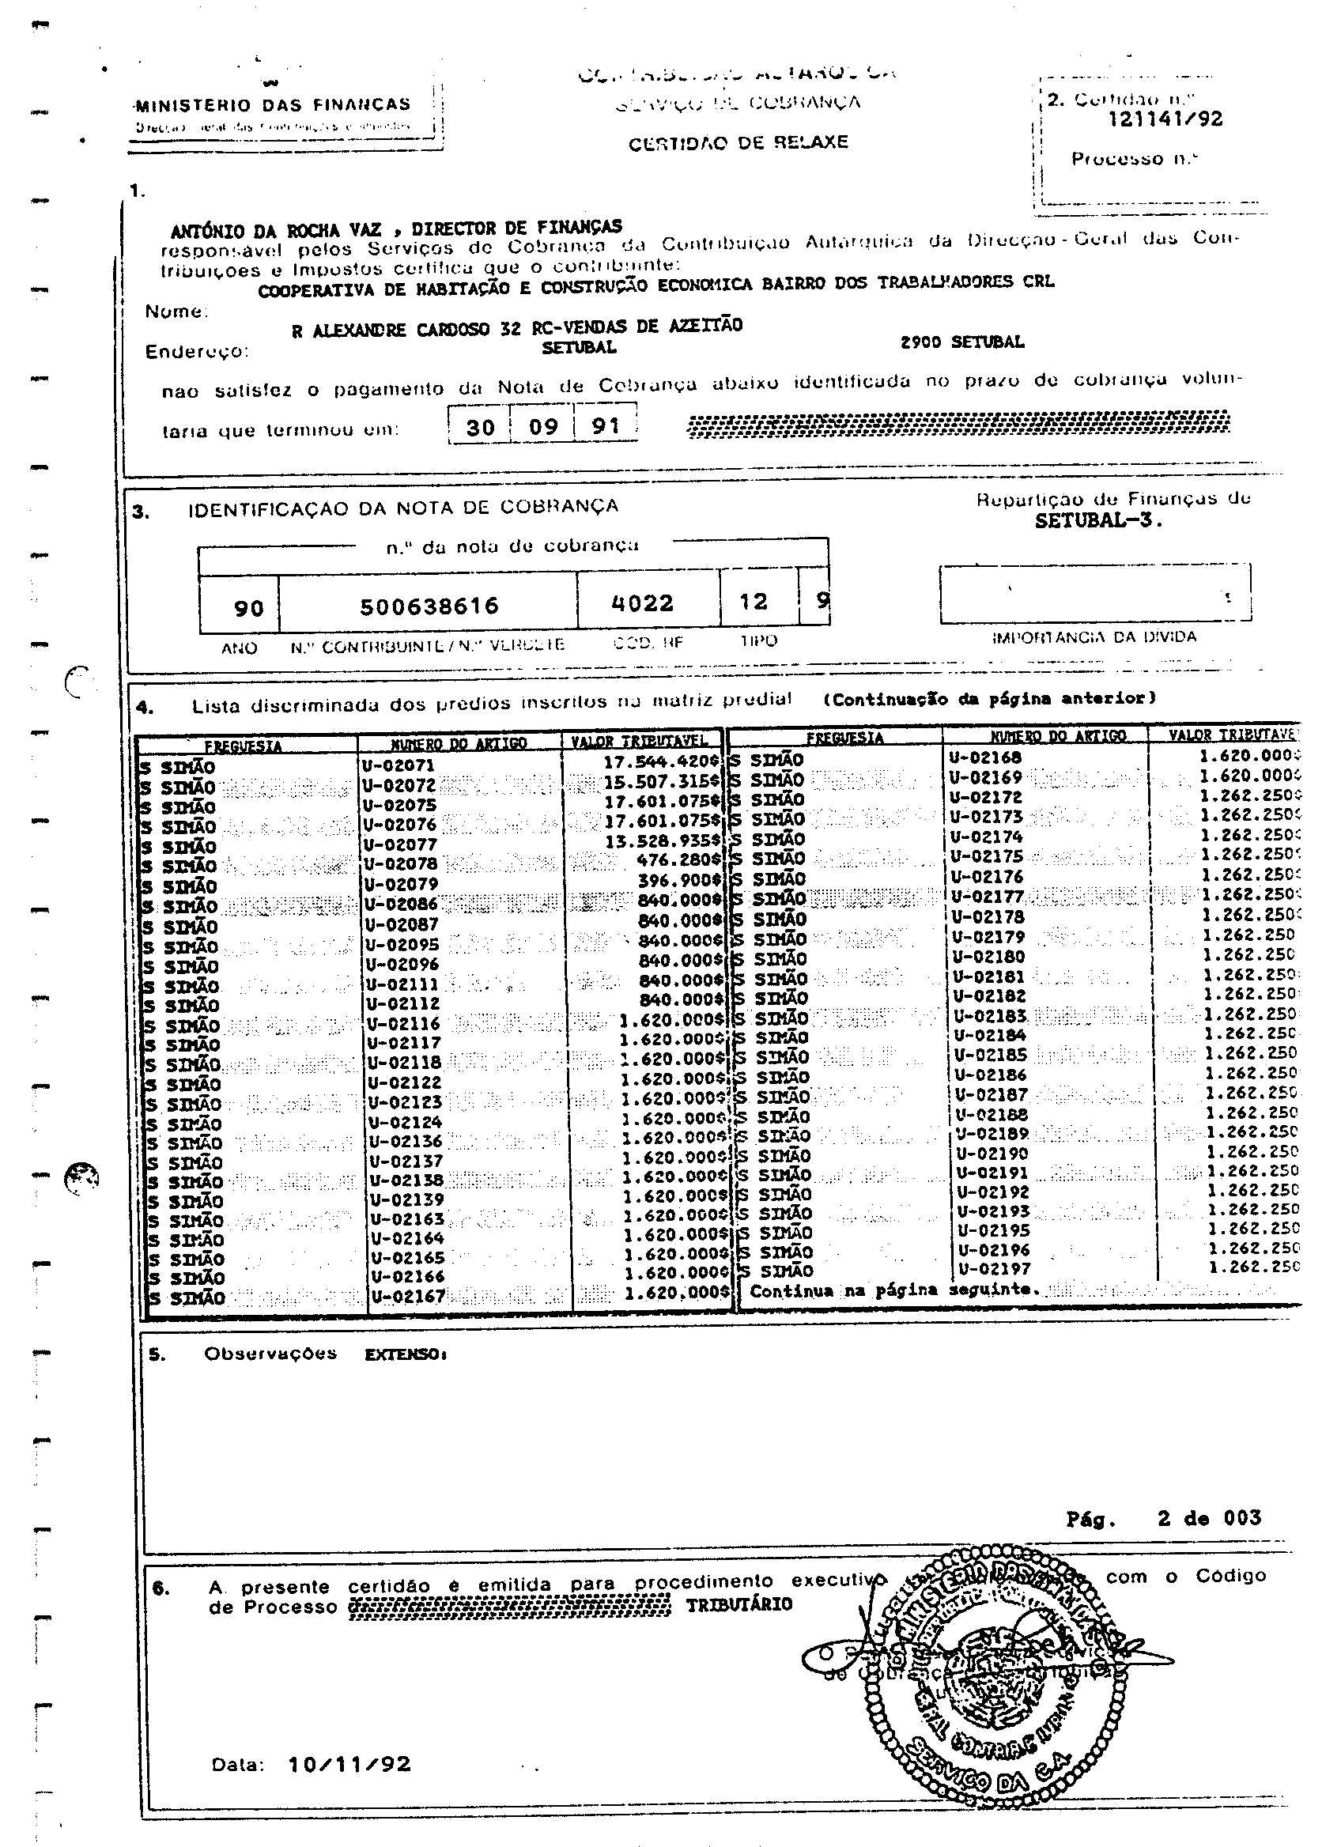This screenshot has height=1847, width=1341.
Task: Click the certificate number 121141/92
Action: (x=1165, y=119)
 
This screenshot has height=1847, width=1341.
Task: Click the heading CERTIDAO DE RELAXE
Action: (x=738, y=142)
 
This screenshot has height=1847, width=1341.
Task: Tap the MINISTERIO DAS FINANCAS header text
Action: (x=273, y=105)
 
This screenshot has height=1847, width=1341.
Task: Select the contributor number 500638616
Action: (x=429, y=606)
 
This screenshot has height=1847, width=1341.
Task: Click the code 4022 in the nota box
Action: (x=642, y=602)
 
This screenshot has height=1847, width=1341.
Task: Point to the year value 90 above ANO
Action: (x=248, y=608)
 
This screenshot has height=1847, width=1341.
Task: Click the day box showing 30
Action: (x=481, y=427)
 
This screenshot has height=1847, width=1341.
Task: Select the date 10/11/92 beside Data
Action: (x=349, y=1763)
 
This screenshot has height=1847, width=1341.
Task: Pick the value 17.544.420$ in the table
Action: (x=661, y=762)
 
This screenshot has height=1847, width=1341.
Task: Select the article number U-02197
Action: (x=994, y=1269)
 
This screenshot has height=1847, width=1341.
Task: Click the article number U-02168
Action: (x=984, y=757)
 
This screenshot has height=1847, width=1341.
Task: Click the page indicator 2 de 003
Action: (x=1209, y=1517)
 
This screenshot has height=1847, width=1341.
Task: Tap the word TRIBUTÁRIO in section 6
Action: (x=738, y=1603)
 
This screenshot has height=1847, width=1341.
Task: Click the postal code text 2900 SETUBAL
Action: (x=961, y=342)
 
